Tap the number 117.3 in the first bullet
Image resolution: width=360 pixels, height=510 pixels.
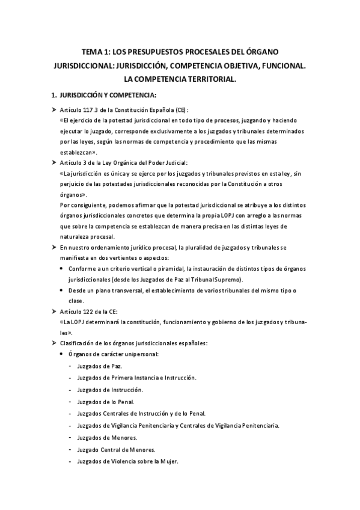click(89, 111)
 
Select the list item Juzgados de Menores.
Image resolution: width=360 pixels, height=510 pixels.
click(107, 437)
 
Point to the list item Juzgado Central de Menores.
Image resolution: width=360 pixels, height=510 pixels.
click(117, 449)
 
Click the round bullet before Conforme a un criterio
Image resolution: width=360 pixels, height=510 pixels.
click(63, 269)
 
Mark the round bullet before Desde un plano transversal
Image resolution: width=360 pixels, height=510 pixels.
click(63, 290)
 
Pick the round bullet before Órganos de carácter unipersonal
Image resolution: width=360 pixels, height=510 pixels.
click(63, 354)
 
